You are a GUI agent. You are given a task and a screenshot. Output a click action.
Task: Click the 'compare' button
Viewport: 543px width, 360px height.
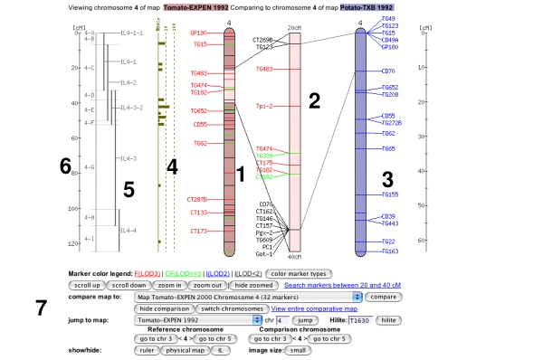click(382, 296)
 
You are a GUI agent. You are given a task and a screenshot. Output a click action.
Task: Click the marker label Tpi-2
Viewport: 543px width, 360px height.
click(264, 106)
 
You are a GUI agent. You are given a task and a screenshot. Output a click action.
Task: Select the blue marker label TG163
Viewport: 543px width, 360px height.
click(390, 251)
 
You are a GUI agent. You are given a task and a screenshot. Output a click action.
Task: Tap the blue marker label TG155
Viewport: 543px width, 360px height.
click(390, 194)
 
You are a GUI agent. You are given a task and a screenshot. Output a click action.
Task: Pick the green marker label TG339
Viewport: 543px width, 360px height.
click(263, 155)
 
